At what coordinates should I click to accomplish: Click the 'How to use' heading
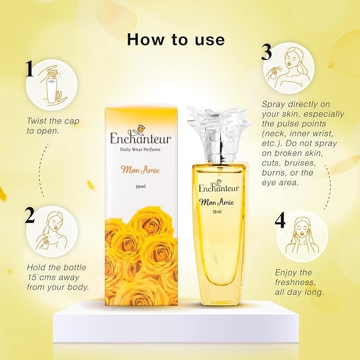(176, 39)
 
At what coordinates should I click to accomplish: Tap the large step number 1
(30, 68)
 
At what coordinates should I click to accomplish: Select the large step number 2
(30, 215)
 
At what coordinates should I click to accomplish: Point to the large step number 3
(267, 52)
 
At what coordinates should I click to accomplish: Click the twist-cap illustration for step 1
(51, 85)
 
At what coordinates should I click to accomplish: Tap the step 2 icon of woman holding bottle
(52, 231)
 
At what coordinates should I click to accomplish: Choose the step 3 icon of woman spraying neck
(289, 68)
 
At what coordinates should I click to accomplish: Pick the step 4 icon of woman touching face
(302, 236)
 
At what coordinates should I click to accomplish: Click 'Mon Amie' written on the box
(141, 170)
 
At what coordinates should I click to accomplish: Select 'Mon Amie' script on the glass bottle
(217, 202)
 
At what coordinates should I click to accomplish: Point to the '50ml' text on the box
(141, 187)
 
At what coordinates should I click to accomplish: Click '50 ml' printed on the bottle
(217, 212)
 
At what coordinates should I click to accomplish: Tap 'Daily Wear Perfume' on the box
(141, 150)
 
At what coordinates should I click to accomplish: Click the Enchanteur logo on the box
(141, 135)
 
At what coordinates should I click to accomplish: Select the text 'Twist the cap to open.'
(53, 126)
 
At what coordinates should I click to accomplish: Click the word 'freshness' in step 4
(295, 283)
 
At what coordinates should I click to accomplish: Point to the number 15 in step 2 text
(32, 277)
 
